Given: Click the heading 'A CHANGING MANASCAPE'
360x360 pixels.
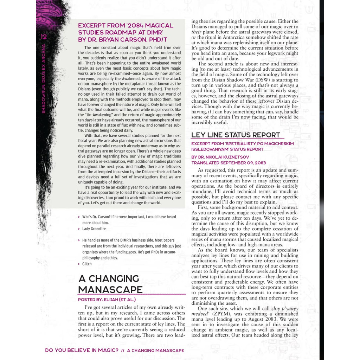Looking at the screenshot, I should tap(110, 284).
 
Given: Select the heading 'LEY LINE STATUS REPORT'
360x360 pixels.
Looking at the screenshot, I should tap(236, 135).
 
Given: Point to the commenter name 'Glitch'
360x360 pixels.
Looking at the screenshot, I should tap(87, 264).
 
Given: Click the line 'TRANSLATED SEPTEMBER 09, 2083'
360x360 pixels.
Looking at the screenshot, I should tap(229, 163).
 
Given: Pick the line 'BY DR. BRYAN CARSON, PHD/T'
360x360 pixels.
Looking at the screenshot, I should tap(123, 40).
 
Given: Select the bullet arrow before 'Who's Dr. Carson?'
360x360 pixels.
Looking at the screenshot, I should tap(79, 217).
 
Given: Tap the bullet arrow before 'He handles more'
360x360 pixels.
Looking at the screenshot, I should tap(79, 240).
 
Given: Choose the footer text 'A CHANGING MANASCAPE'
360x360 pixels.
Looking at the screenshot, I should tap(155, 351).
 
